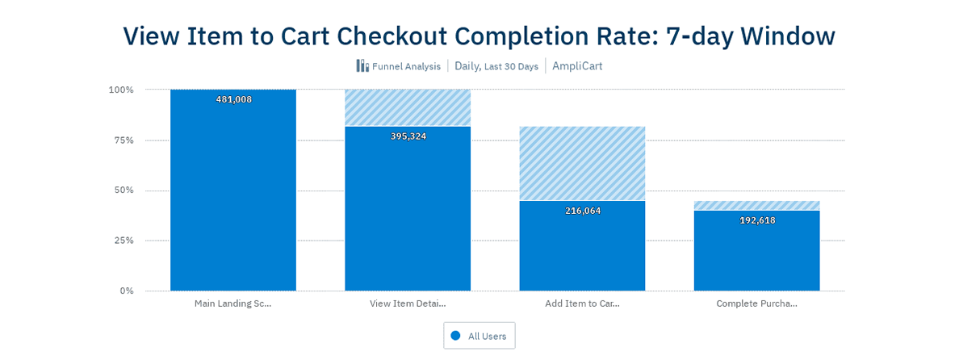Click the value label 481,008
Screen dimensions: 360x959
tap(233, 99)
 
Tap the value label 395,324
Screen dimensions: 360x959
tap(408, 136)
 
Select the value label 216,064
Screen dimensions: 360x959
tap(582, 210)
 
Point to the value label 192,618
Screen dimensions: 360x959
tap(756, 220)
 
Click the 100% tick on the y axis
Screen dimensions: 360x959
tap(121, 90)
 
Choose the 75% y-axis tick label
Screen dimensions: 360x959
tap(124, 140)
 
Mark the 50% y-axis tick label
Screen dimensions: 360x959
tap(124, 190)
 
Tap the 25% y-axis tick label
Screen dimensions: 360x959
tap(124, 240)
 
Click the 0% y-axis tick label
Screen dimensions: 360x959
tap(127, 290)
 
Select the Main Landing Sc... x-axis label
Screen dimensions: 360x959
tap(232, 303)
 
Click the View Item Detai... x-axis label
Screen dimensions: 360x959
tap(408, 303)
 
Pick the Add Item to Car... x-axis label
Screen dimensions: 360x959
tap(582, 303)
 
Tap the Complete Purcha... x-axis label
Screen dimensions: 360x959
tap(756, 303)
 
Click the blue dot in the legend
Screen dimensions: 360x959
tap(455, 335)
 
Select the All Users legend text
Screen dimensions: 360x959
tap(488, 336)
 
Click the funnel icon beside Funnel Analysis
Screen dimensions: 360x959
tap(362, 66)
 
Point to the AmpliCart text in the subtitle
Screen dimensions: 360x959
tap(577, 66)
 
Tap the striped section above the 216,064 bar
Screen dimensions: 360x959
tap(582, 163)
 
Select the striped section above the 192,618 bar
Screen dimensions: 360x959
tap(756, 205)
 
